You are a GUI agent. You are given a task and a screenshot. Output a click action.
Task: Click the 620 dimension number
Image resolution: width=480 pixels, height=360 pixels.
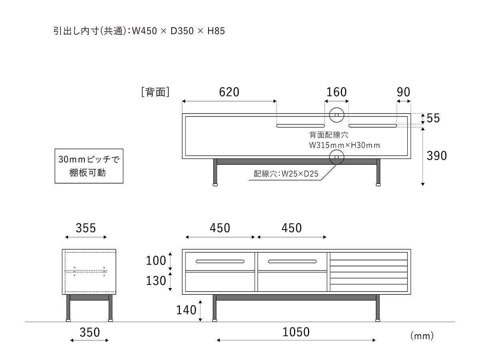click(229, 92)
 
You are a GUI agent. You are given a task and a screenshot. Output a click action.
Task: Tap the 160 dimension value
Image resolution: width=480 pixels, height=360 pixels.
click(336, 92)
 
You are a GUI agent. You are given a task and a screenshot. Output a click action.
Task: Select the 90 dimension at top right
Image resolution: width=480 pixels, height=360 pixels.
click(404, 92)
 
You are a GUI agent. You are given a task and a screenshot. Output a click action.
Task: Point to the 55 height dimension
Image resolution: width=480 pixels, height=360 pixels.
click(433, 118)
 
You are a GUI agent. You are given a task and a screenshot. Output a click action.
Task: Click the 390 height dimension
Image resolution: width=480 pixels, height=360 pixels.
click(436, 156)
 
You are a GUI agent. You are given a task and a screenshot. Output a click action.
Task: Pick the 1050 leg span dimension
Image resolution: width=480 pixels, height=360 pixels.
click(296, 332)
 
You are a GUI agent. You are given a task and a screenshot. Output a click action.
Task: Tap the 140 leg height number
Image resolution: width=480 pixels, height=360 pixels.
click(187, 310)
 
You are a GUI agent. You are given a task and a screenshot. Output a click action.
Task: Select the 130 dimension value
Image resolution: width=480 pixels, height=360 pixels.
click(156, 281)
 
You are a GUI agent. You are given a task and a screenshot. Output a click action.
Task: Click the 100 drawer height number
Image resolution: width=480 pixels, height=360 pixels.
click(156, 261)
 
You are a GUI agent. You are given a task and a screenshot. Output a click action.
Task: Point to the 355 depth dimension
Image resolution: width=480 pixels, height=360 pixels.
click(86, 228)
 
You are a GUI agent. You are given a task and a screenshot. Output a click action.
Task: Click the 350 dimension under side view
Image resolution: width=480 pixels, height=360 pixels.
click(89, 332)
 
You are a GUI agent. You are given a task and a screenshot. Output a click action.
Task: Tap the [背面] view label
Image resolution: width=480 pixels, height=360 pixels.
click(156, 92)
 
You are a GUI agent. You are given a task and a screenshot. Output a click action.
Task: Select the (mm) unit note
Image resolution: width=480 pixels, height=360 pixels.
click(422, 336)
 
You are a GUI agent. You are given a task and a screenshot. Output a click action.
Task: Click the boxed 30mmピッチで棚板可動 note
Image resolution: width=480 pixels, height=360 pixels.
click(88, 166)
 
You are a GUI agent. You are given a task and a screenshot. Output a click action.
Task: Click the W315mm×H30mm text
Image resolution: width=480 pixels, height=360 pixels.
click(344, 145)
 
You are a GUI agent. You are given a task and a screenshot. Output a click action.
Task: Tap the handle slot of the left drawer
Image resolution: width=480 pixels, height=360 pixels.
click(220, 262)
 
